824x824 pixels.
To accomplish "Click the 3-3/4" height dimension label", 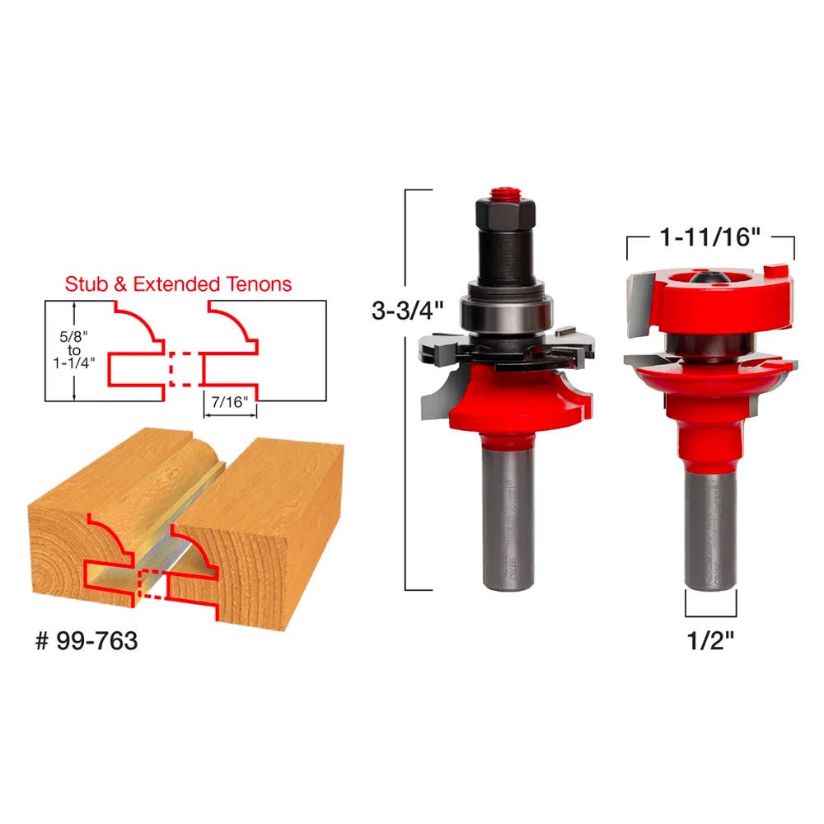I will pos(407,311).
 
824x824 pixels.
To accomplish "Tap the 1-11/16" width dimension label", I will pos(710,238).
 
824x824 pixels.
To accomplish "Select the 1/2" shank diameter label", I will pos(711,640).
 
